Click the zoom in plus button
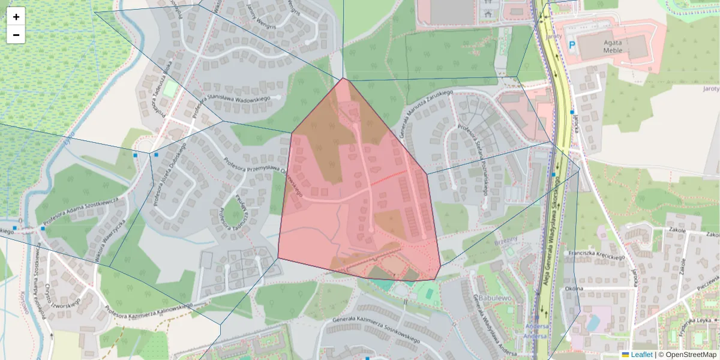tap(16, 17)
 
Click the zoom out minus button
tap(16, 35)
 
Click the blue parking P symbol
tap(572, 44)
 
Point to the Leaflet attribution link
tap(641, 355)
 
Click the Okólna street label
tap(574, 289)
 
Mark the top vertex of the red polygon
tap(344, 79)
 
